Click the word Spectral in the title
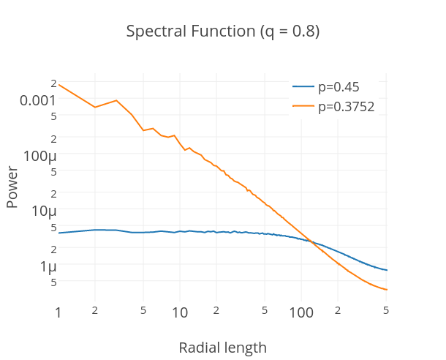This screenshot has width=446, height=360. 152,32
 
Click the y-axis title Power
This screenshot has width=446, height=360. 12,187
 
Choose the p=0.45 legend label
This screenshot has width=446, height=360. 339,87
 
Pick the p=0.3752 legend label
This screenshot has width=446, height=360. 347,107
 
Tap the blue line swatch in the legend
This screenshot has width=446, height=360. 303,87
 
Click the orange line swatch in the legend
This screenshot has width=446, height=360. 303,107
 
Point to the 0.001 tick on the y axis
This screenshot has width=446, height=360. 38,100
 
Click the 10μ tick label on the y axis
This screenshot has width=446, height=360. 44,211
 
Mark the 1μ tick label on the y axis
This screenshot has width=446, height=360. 48,266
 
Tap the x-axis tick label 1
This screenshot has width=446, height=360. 58,313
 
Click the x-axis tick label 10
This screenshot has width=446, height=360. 180,313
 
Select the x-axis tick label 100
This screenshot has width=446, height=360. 301,313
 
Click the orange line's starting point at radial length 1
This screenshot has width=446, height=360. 58,84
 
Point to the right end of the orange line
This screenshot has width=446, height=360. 387,290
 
